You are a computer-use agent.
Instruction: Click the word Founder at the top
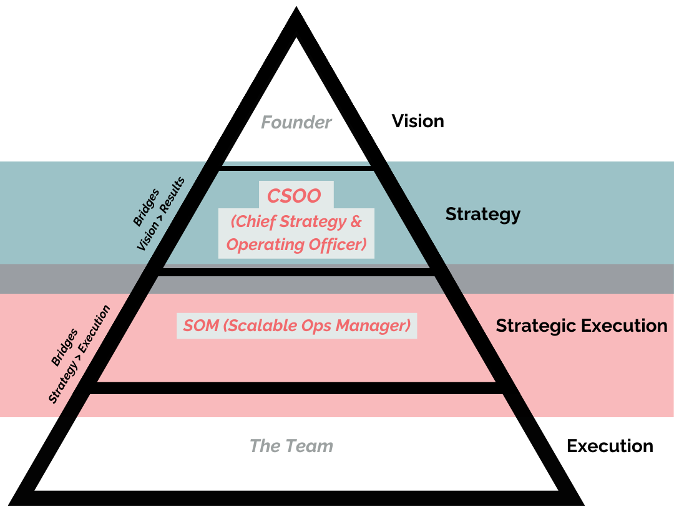(296, 122)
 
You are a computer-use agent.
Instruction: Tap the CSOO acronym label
(294, 196)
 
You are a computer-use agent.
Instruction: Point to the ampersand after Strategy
(356, 221)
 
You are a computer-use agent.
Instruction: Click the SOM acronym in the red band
(200, 326)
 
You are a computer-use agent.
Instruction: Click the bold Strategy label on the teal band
(482, 215)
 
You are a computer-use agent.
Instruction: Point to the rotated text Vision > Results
(161, 213)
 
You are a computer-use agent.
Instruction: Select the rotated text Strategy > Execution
(79, 354)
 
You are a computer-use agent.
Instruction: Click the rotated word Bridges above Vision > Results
(146, 207)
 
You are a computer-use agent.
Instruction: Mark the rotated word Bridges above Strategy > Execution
(64, 347)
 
